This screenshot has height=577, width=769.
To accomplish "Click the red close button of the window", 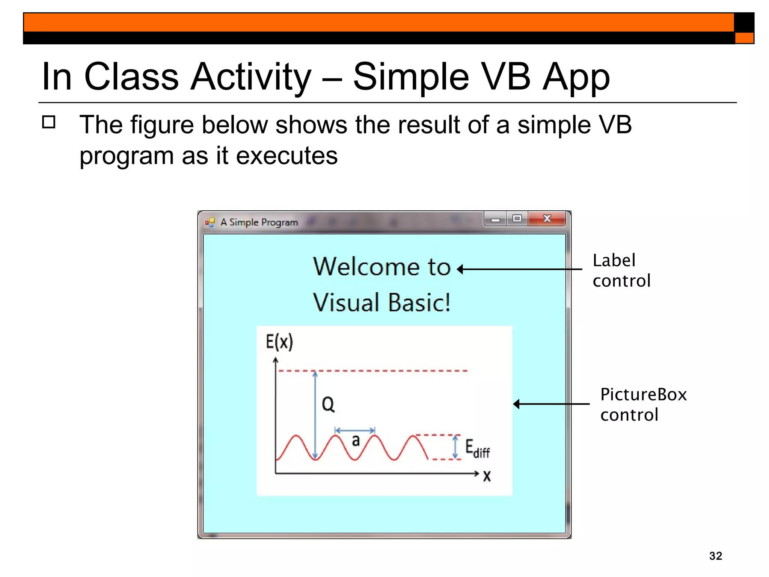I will point(547,219).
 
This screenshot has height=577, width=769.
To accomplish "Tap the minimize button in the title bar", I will point(495,219).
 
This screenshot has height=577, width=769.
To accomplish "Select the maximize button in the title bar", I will point(517,219).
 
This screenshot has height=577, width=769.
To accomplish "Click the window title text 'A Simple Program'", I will point(259,222).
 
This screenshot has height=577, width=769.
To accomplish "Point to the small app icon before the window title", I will point(210,222).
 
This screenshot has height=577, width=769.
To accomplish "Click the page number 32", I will point(715,556).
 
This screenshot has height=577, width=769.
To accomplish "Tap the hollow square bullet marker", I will point(49,122).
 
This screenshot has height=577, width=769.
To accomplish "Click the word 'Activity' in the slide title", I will point(251,77).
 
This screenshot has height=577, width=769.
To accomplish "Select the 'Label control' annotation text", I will point(621,270).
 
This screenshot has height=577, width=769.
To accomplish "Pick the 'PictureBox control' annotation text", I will point(643,405).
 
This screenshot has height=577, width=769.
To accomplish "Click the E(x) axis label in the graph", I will point(279,342).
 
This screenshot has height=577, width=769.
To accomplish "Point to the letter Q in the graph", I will point(328,405).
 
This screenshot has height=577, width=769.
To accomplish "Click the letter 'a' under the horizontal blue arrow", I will point(356,440).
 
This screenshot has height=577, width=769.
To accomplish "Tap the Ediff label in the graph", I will point(477,449).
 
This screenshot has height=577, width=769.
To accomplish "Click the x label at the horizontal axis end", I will point(487,476).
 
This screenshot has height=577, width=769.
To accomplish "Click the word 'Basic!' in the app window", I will point(419,303).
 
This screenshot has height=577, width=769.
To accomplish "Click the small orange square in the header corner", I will point(744,38).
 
